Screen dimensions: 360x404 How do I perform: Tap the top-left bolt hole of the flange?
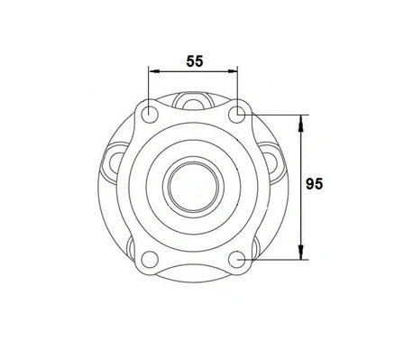pyautogui.click(x=149, y=115)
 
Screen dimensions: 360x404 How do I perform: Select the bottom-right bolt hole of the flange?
pyautogui.click(x=237, y=260)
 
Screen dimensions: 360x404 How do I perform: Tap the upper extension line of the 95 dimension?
pyautogui.click(x=275, y=115)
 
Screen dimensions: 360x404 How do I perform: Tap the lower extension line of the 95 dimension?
pyautogui.click(x=275, y=260)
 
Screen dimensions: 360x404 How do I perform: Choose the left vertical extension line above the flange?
pyautogui.click(x=149, y=86)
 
